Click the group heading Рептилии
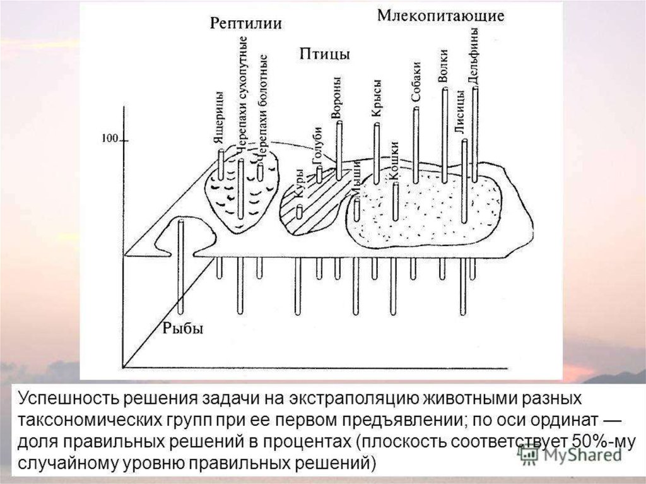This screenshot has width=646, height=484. coord(245,24)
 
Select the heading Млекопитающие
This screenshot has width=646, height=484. coord(440,16)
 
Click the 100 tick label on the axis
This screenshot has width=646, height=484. coord(110,139)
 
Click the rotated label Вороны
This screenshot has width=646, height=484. coord(336,97)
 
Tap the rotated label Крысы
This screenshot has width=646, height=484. coord(377,98)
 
